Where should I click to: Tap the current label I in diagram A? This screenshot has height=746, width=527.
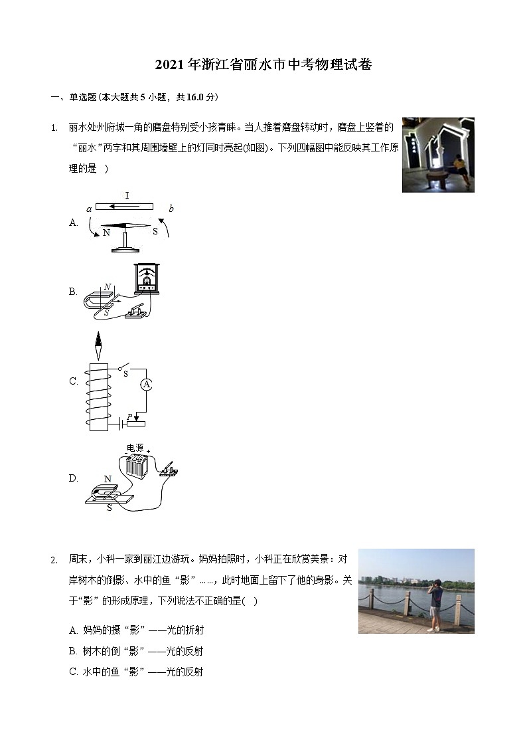(127, 196)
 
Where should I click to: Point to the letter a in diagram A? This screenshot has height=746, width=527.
(89, 209)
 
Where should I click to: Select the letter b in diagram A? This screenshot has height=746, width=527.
(171, 209)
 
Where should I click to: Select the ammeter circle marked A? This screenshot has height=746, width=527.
(147, 385)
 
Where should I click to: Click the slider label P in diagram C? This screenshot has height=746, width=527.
(130, 416)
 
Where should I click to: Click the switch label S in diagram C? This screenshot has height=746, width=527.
(125, 373)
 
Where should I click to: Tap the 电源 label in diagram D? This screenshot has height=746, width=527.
(135, 448)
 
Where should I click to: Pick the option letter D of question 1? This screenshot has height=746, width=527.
(74, 478)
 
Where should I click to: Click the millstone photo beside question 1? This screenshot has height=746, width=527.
(438, 155)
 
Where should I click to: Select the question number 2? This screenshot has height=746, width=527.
(54, 560)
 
